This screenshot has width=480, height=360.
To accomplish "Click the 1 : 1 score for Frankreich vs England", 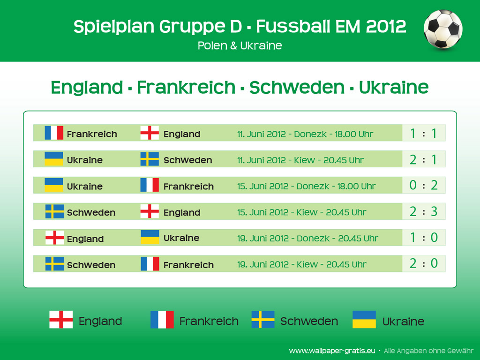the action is coord(423,134).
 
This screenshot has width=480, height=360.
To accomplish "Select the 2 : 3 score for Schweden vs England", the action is coord(423,211).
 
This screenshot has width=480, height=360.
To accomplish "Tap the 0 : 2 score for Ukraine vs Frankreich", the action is coord(423,185).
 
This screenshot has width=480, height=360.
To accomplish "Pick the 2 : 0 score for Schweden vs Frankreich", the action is coord(423,263).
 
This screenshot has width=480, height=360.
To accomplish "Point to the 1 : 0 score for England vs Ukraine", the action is coord(423,238).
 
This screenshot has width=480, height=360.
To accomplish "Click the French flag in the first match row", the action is coord(54,133).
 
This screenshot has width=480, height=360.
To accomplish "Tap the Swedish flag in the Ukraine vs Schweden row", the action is coord(150,159).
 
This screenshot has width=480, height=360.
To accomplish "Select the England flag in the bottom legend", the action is coord(61,319).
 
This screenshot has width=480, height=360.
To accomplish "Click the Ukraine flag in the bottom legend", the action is coord(364,319).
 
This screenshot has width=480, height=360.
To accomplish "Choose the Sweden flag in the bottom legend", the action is coord(263,319).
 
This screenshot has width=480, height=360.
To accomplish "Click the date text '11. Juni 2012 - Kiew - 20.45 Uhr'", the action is coord(300,160).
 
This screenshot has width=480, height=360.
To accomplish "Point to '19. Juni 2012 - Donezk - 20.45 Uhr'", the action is coord(307,239).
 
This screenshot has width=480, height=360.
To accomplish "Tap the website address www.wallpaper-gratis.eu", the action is coord(332,351).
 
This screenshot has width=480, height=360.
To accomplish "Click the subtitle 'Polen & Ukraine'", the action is coord(240,45).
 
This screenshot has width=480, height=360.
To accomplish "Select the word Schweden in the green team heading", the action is coord(297,88).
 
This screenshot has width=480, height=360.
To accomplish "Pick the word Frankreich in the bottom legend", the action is coord(209,321).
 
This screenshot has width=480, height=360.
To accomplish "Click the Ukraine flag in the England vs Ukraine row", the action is coord(150,237).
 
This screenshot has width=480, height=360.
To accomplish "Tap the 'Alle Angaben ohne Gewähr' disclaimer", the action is coord(428,351).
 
